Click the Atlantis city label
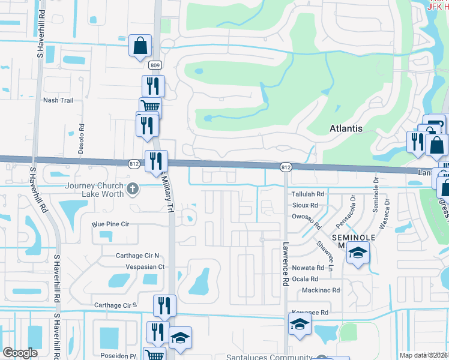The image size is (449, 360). click(x=346, y=128)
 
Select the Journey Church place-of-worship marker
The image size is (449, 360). click(x=134, y=190)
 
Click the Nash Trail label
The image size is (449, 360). click(x=58, y=100)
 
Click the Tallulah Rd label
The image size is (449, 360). click(x=307, y=194)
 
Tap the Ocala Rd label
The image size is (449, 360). click(x=306, y=279)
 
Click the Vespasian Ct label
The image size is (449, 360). click(x=145, y=266)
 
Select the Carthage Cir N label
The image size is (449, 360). click(x=137, y=256)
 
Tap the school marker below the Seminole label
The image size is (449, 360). click(x=358, y=254)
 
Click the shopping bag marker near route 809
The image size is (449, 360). click(x=140, y=46)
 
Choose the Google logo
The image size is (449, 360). click(x=20, y=353)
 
